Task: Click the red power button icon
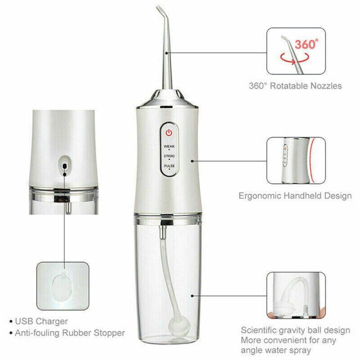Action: (168, 133)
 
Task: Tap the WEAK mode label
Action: (169, 146)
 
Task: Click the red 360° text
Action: (307, 44)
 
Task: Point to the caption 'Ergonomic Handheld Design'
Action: (295, 196)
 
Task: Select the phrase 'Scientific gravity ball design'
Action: (295, 330)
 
